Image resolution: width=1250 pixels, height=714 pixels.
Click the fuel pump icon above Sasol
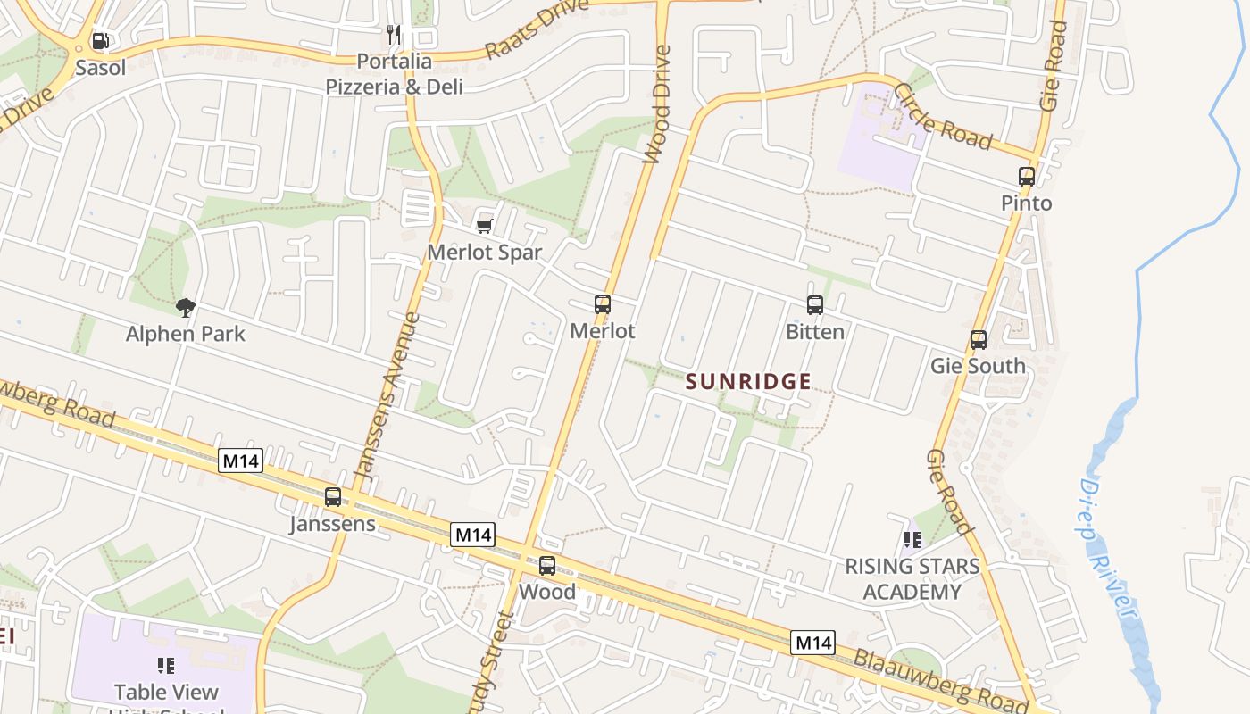[101, 40]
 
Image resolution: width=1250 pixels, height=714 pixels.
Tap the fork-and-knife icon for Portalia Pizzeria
[394, 35]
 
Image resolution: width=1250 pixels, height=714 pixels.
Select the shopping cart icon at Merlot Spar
[484, 226]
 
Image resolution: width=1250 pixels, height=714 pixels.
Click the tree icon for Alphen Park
[185, 308]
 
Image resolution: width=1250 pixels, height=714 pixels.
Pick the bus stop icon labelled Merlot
[603, 304]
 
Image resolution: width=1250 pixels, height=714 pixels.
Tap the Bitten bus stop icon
[814, 305]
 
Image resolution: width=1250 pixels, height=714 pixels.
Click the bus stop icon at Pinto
[1026, 177]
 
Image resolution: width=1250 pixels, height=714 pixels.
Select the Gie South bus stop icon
[979, 340]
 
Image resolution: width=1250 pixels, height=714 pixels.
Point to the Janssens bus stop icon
[333, 497]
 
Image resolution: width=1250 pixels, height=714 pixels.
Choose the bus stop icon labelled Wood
[547, 566]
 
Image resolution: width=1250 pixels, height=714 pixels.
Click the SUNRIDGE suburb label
[748, 382]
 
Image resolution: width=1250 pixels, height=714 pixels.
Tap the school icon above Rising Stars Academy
[912, 540]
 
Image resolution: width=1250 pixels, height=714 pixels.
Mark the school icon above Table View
[165, 666]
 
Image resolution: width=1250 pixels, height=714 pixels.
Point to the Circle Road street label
[943, 117]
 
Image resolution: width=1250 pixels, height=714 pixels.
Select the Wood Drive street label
[656, 105]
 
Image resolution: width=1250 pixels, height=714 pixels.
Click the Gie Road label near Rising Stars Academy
[949, 492]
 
